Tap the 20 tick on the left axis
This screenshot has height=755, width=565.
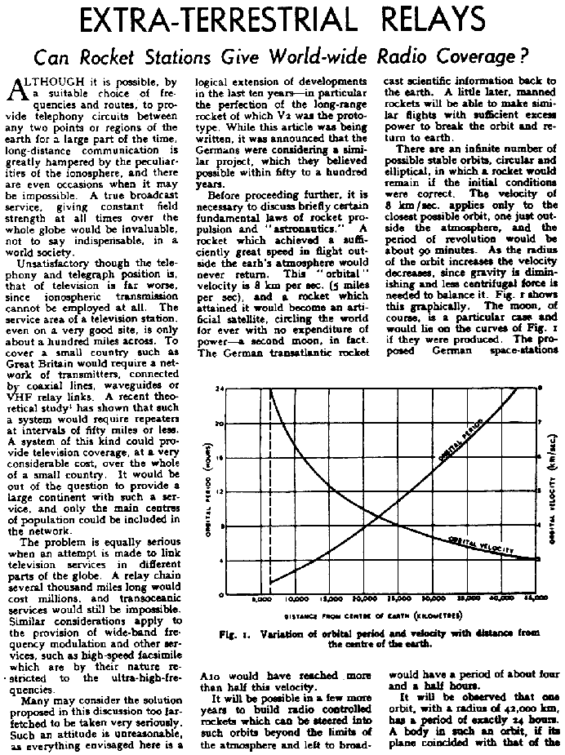point(219,424)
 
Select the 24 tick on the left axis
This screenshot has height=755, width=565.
point(219,389)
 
